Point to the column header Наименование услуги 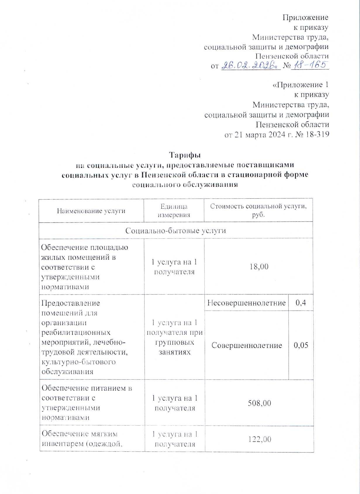(x=91, y=210)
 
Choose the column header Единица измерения (x=174, y=210)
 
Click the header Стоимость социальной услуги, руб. (x=258, y=210)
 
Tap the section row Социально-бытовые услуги (x=176, y=230)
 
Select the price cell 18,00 (x=258, y=266)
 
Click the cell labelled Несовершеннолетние (x=246, y=303)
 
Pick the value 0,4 (x=301, y=303)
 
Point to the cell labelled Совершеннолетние (x=247, y=345)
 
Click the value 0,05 (x=301, y=345)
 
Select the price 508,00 (x=258, y=403)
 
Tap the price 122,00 (x=258, y=439)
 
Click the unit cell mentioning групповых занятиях (x=174, y=337)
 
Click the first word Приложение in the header (x=305, y=17)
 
